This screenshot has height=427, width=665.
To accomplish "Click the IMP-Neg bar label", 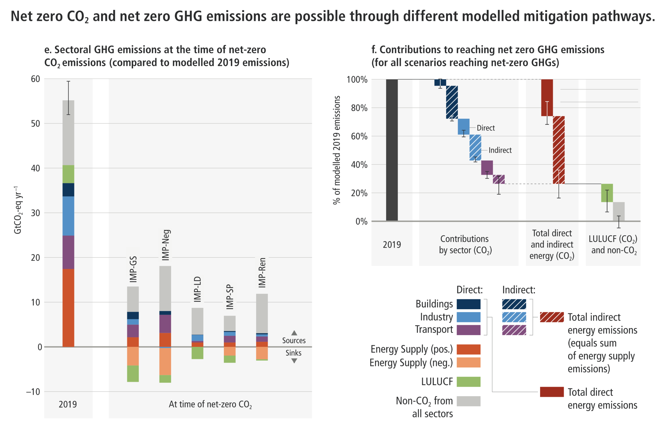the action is click(x=166, y=245).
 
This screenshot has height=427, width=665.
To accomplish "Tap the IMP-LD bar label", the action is click(x=197, y=289).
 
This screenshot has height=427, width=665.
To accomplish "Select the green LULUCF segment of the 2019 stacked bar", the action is click(x=68, y=174).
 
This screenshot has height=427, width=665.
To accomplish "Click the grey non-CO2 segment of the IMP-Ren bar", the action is click(x=262, y=313).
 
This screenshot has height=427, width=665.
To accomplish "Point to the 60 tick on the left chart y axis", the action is click(x=36, y=79).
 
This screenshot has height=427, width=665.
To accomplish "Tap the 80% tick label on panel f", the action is click(x=359, y=108).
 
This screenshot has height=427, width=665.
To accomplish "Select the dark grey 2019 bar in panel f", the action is click(x=392, y=150).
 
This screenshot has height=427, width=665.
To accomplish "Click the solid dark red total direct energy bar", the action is click(x=547, y=98).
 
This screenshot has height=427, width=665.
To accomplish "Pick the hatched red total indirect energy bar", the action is click(x=559, y=150).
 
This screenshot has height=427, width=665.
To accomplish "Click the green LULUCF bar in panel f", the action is click(x=607, y=193).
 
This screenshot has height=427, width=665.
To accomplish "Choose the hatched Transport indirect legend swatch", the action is click(x=514, y=330).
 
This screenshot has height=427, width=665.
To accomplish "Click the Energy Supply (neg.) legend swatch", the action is click(x=469, y=362).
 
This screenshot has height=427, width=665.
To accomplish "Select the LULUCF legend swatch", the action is click(x=469, y=382).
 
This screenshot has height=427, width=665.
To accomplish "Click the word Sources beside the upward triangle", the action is click(x=294, y=341).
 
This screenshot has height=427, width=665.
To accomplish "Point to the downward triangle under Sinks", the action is click(x=294, y=361).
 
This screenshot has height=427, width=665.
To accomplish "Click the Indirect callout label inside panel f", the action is click(x=500, y=150).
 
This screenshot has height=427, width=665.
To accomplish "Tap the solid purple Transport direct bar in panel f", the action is click(x=487, y=168).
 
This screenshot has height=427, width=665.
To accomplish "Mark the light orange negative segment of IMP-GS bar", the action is click(x=133, y=356).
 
